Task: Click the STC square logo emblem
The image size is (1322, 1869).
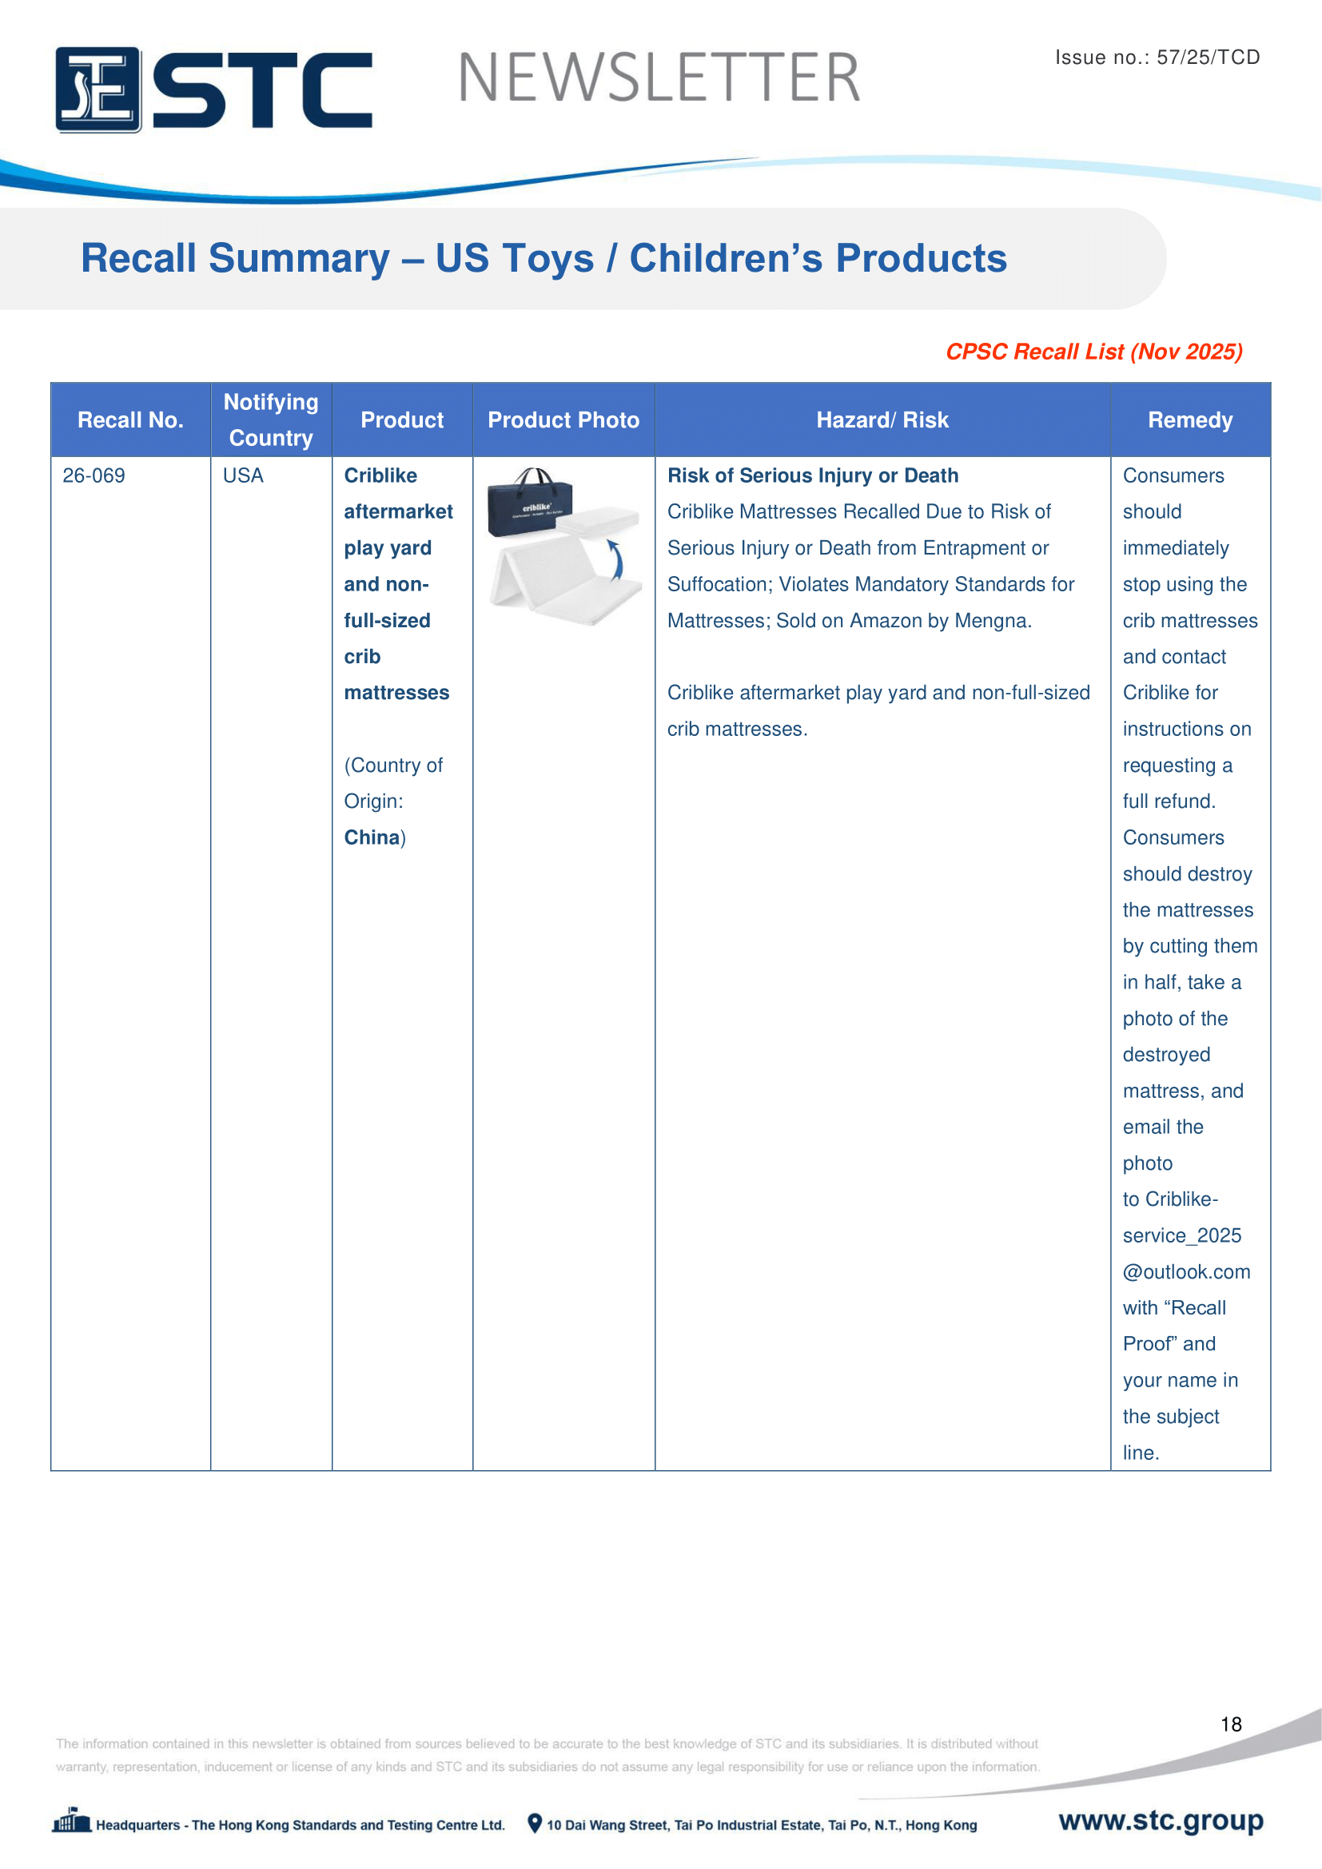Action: tap(98, 89)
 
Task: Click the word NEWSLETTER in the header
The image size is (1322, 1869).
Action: tap(659, 78)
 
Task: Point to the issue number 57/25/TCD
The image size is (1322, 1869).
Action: tap(1207, 57)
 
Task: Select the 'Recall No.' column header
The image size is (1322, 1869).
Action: tap(130, 420)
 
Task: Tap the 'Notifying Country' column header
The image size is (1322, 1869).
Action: tap(271, 420)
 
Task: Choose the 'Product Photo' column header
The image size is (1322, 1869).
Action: tap(563, 420)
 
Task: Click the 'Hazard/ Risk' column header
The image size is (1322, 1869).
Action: tap(882, 420)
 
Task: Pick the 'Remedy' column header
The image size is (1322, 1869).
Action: tap(1189, 420)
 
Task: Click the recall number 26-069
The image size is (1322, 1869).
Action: tap(94, 475)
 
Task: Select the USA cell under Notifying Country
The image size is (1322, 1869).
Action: tap(243, 475)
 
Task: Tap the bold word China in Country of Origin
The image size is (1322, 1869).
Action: tap(371, 837)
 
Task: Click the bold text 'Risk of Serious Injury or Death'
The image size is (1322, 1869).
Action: tap(812, 475)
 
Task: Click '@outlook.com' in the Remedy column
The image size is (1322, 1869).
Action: tap(1186, 1271)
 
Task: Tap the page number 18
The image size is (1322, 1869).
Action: tap(1231, 1724)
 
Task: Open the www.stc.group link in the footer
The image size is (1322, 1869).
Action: tap(1161, 1820)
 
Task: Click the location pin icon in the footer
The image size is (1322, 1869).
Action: tap(534, 1823)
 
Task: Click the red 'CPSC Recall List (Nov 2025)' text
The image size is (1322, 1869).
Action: tap(1093, 352)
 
